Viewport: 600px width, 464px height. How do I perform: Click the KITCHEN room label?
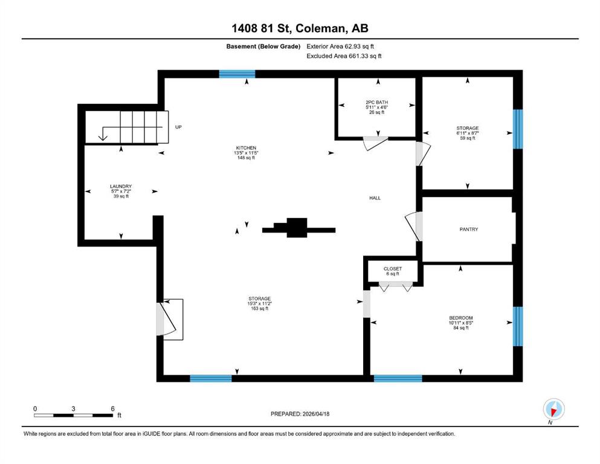pos(246,147)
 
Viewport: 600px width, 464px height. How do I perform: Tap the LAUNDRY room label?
pos(121,186)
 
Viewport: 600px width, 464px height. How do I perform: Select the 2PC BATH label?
pos(376,103)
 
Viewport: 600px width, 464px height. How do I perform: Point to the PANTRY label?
pos(469,229)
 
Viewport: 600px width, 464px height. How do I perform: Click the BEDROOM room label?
pos(460,318)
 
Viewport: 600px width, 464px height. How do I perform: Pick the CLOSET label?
pos(393,269)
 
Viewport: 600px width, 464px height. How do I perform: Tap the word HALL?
pos(375,198)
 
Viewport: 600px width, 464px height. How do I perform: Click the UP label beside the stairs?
pos(178,127)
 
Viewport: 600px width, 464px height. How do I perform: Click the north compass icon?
pos(553,410)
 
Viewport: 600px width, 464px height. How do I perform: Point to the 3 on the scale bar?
pos(73,408)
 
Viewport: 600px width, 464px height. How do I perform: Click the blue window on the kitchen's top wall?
pos(237,74)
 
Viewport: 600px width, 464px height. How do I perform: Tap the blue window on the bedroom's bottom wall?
pos(398,378)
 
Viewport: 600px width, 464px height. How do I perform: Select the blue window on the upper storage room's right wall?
pos(517,129)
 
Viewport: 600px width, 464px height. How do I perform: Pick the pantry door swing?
pos(414,226)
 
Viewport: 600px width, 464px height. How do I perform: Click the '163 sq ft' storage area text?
pos(259,309)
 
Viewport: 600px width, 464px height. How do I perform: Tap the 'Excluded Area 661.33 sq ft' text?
pos(344,56)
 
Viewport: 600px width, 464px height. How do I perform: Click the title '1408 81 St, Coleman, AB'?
pos(300,28)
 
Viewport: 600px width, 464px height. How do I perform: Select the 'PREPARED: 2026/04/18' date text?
pos(300,414)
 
